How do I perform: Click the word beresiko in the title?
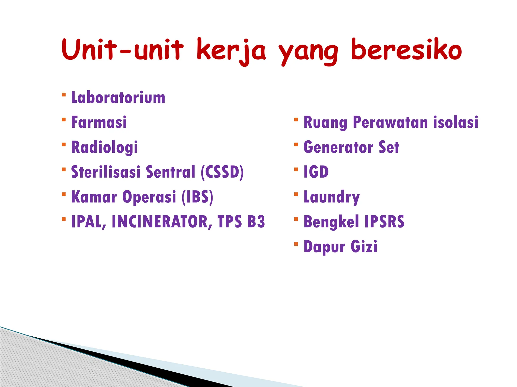click(x=406, y=50)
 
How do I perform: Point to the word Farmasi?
click(x=99, y=122)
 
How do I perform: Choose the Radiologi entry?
click(x=105, y=147)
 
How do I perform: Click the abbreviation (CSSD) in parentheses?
click(x=222, y=172)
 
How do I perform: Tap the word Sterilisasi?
click(x=106, y=172)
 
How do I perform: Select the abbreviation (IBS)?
click(x=197, y=197)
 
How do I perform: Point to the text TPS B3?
click(x=241, y=222)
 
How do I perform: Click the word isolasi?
click(x=456, y=122)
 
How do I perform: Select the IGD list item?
click(x=316, y=172)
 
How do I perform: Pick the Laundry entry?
click(x=331, y=197)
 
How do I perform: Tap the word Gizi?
click(x=364, y=246)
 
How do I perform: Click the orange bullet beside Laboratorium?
click(x=64, y=95)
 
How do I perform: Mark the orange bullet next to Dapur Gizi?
click(x=296, y=244)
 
